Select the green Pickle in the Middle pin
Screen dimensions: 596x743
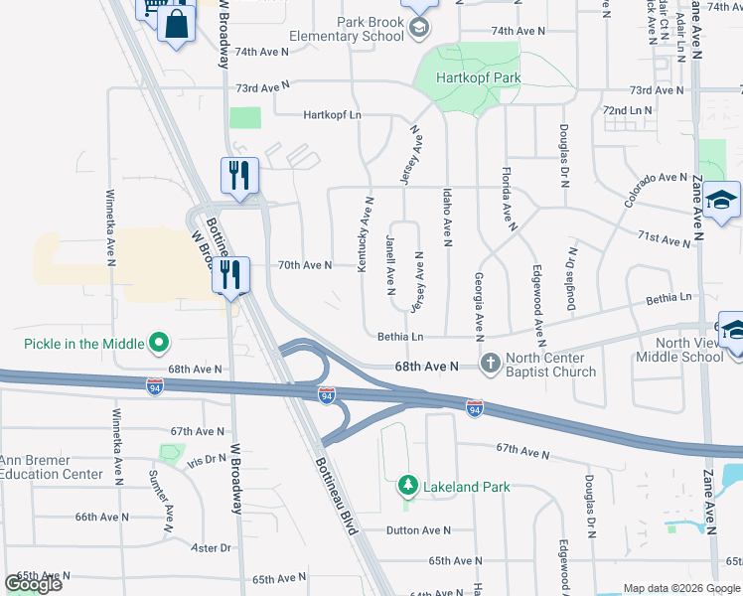158,344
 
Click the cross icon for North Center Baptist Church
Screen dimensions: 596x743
490,364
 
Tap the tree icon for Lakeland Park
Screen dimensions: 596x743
406,486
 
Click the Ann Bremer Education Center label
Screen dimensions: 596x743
52,466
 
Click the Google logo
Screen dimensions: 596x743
34,583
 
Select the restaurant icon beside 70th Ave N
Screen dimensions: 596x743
230,275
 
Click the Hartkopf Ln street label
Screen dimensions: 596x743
333,115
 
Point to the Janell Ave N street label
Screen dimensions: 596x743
390,263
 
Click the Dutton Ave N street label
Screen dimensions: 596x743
419,530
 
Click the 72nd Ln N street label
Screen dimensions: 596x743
627,110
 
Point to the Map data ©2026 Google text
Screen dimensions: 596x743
680,588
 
